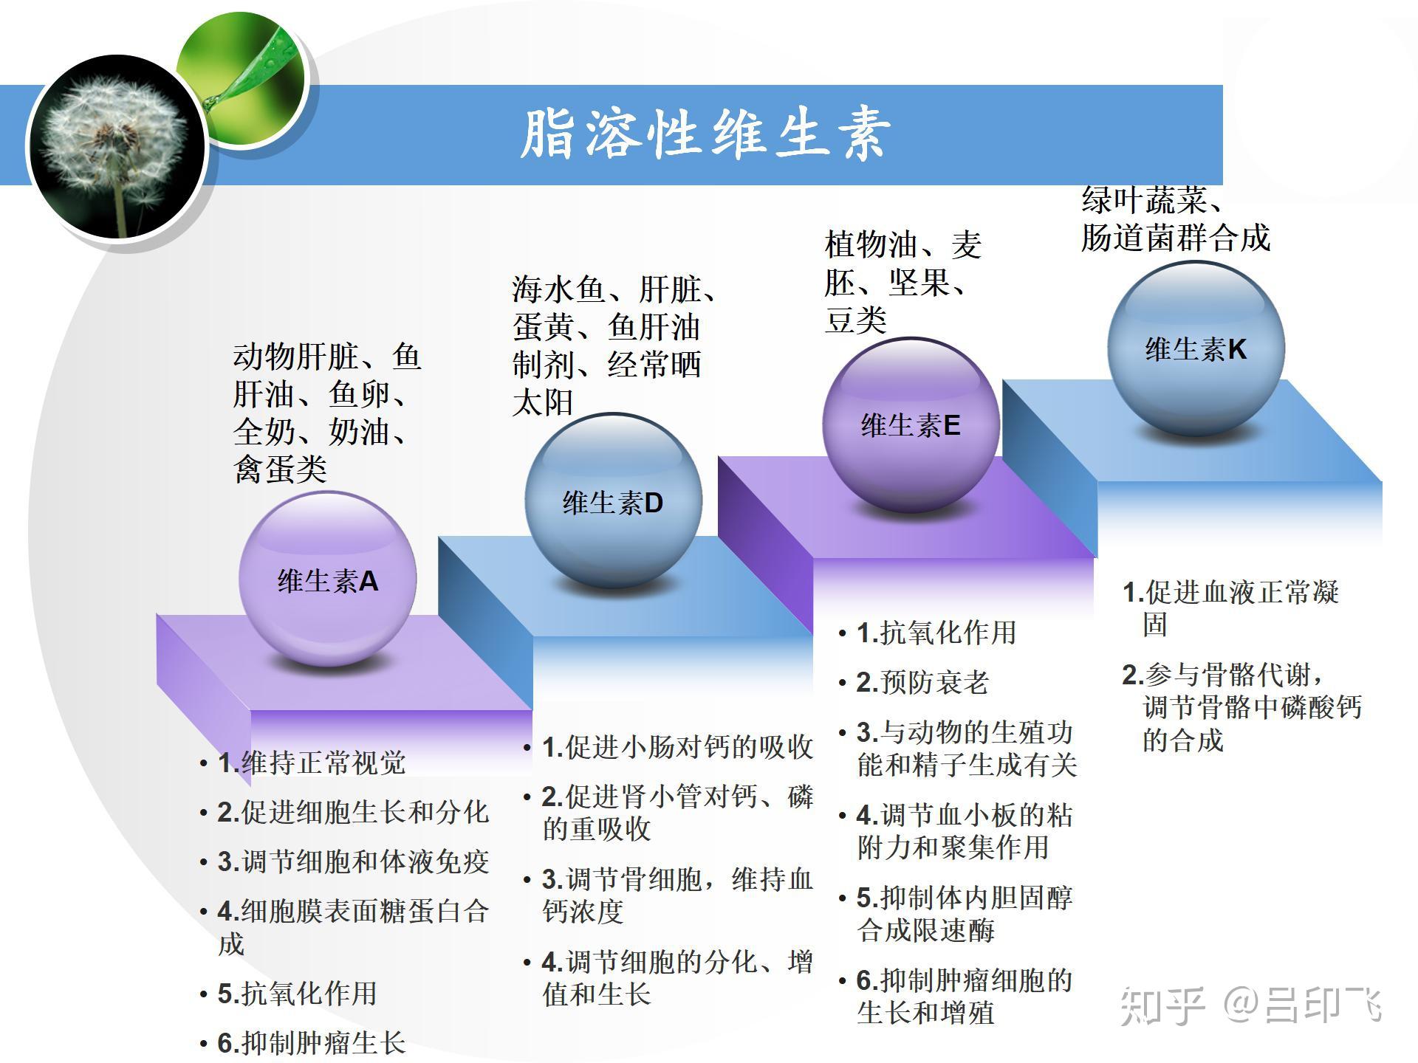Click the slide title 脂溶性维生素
705,134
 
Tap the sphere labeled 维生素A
327,579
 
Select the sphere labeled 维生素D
613,500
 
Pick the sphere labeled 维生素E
911,424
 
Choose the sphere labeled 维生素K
1196,348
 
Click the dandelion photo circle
117,148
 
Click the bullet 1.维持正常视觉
311,763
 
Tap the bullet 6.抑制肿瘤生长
311,1043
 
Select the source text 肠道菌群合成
1176,238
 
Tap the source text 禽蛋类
280,469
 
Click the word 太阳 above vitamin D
543,402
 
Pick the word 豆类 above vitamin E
855,320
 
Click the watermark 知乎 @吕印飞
1250,1005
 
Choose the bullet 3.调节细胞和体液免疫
353,861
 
